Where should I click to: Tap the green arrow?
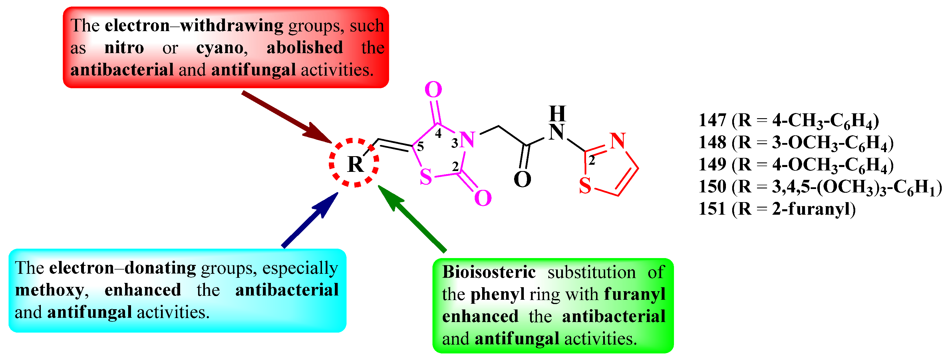tap(412, 219)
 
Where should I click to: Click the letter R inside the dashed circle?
tap(355, 164)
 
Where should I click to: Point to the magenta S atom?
tap(426, 177)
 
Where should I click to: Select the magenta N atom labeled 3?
tap(467, 140)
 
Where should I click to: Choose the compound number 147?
tap(712, 120)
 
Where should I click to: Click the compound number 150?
tap(712, 187)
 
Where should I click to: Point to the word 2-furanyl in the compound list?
tap(813, 209)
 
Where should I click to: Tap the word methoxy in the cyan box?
tap(50, 290)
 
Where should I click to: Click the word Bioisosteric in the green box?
tap(489, 272)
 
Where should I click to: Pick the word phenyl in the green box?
tap(497, 294)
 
